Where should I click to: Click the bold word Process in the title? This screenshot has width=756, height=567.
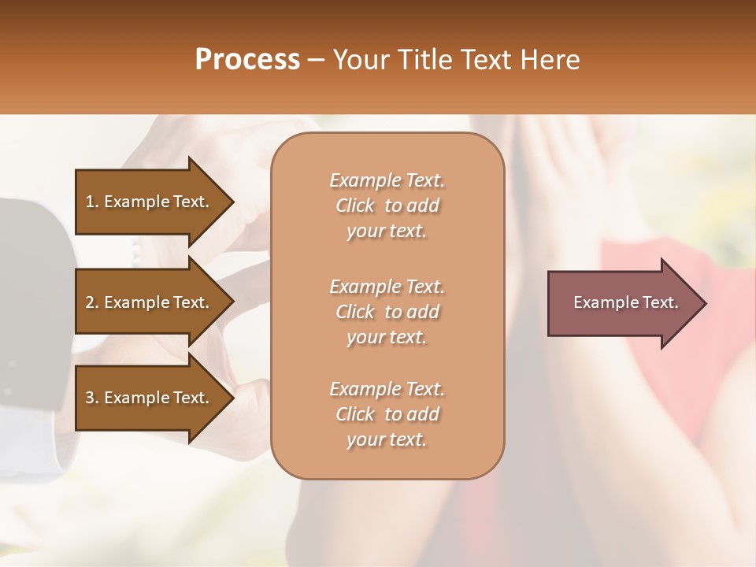247,60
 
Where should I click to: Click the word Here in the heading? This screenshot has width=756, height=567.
549,60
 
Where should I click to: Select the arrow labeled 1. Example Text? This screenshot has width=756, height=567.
150,202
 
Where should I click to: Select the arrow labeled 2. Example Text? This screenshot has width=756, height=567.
150,302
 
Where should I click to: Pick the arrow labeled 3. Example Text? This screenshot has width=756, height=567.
150,398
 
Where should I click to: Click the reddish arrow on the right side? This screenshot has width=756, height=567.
622,302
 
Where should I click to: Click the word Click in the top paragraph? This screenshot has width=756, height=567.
355,206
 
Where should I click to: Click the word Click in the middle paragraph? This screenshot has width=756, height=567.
355,312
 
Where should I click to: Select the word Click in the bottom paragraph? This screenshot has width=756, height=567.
355,414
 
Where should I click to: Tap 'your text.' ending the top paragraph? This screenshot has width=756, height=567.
387,232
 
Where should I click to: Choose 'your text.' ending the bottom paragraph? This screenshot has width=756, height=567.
387,440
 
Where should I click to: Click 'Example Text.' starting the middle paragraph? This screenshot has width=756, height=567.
387,286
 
